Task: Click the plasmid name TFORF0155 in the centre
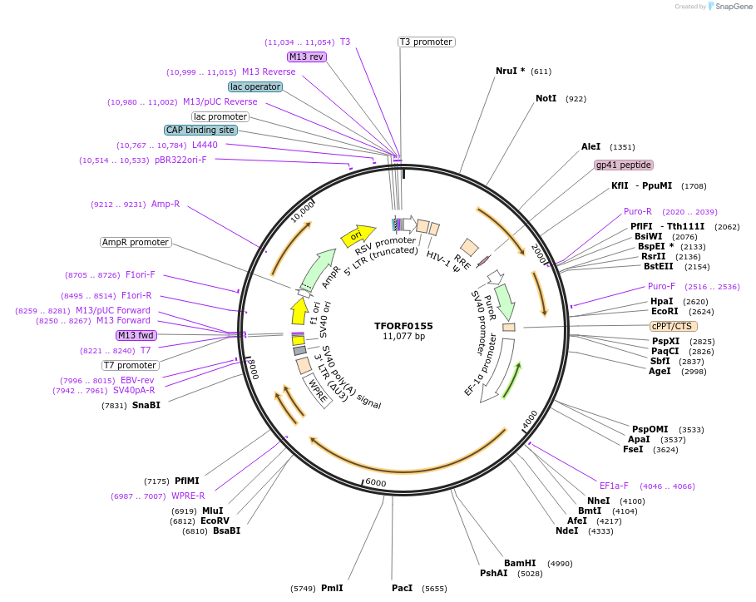click(403, 326)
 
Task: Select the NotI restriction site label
click(546, 98)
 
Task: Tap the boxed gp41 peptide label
click(624, 165)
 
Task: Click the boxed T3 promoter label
click(426, 42)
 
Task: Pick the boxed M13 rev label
click(307, 57)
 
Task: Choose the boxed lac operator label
click(255, 86)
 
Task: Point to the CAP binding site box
click(200, 130)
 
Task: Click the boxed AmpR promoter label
click(136, 243)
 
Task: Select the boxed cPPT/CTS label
click(673, 326)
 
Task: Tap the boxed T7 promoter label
click(130, 365)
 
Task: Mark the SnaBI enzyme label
click(146, 405)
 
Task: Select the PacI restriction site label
click(403, 588)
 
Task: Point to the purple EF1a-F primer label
click(615, 486)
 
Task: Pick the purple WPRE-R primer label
click(188, 496)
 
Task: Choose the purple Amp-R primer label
click(166, 204)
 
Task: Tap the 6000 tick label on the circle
click(376, 483)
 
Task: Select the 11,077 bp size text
click(403, 337)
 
